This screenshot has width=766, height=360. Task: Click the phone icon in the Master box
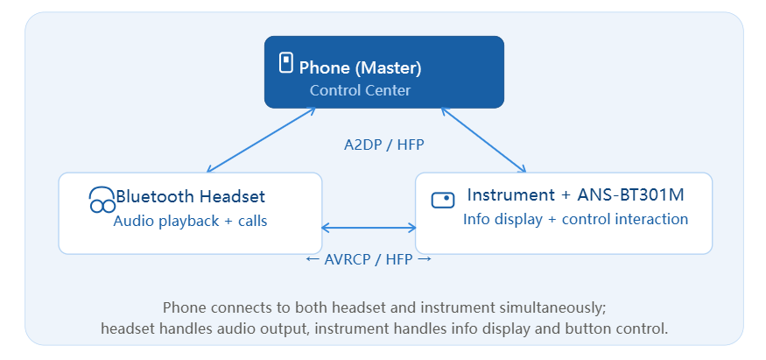click(x=285, y=63)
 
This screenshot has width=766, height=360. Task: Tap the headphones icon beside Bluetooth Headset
click(x=102, y=200)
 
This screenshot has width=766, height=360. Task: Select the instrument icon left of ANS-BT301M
click(x=443, y=200)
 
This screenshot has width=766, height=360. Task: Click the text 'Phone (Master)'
click(x=360, y=68)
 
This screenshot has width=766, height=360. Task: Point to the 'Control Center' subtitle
click(x=360, y=90)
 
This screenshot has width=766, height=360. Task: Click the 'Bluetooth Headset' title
click(x=191, y=196)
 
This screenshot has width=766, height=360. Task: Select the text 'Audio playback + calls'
click(x=190, y=222)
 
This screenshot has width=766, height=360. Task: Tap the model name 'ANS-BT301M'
click(x=630, y=195)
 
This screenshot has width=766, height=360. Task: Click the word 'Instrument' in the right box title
click(x=510, y=195)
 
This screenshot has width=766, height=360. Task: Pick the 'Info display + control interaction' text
click(x=575, y=219)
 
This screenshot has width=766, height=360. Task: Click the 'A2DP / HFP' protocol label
click(x=384, y=145)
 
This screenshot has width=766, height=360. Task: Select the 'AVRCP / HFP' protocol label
click(x=369, y=259)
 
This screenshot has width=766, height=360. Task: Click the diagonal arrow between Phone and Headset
click(x=262, y=140)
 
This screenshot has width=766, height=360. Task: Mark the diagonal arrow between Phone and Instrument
click(x=483, y=140)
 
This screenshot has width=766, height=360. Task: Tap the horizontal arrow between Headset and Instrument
click(x=369, y=228)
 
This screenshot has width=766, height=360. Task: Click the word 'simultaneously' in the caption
click(x=553, y=308)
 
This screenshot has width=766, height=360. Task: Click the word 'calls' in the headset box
click(x=253, y=222)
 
